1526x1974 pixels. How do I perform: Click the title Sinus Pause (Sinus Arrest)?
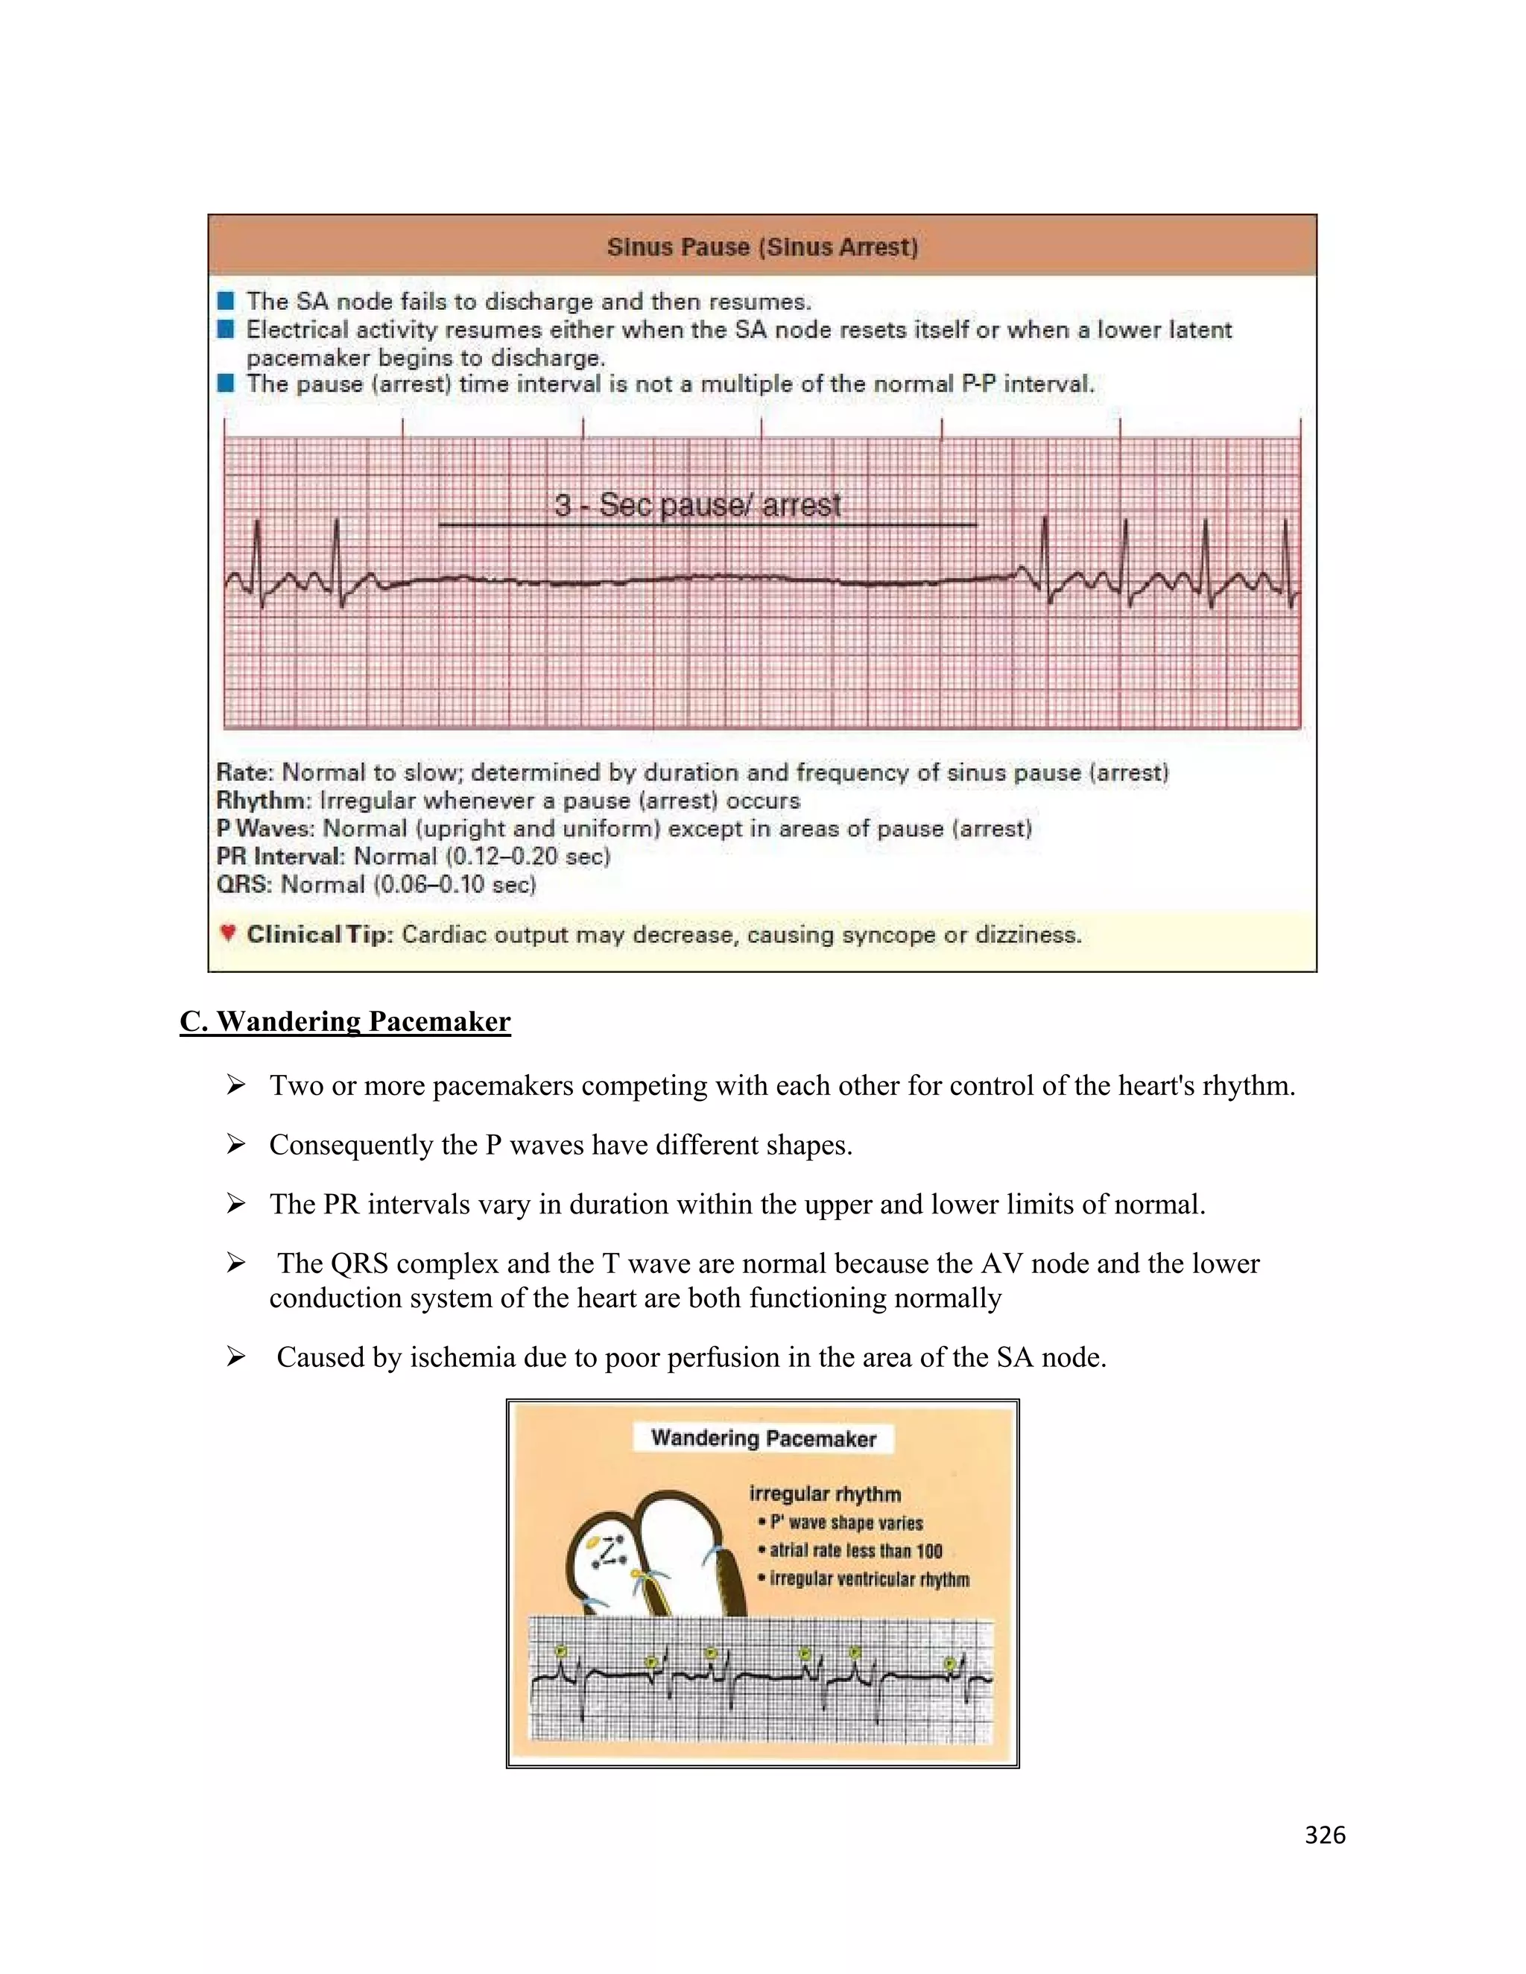pyautogui.click(x=762, y=247)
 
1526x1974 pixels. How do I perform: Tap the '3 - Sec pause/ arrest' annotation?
pyautogui.click(x=697, y=504)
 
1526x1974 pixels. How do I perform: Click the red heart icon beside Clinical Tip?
pyautogui.click(x=228, y=932)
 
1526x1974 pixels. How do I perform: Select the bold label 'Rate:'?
pyautogui.click(x=244, y=772)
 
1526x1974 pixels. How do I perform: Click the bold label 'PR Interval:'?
pyautogui.click(x=280, y=856)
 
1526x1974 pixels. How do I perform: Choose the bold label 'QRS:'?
pyautogui.click(x=244, y=884)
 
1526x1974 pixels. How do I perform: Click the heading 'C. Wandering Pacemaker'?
pyautogui.click(x=344, y=1021)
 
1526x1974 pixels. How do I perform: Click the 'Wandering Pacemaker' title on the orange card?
pyautogui.click(x=763, y=1438)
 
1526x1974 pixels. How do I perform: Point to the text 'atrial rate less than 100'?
pyautogui.click(x=855, y=1551)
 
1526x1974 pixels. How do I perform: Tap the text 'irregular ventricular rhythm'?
pyautogui.click(x=869, y=1579)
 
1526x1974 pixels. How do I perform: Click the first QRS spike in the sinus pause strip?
pyautogui.click(x=258, y=551)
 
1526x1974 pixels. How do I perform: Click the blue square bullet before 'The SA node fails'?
pyautogui.click(x=226, y=300)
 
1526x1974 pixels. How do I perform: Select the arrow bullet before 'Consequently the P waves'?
pyautogui.click(x=236, y=1145)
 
